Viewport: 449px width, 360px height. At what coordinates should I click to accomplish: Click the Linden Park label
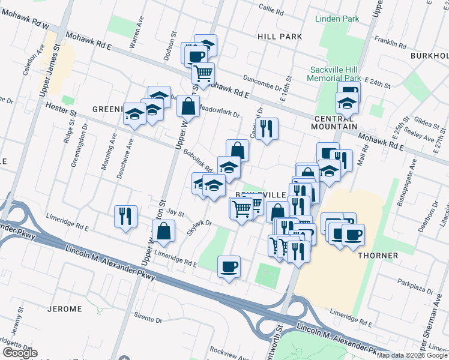[337, 19]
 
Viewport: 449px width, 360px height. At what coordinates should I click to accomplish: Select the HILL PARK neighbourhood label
[279, 37]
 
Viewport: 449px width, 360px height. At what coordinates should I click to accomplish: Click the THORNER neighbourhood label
[378, 256]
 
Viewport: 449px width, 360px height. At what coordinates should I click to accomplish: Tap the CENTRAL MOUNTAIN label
[335, 127]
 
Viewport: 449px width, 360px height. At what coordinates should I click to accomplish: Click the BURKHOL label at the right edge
[429, 56]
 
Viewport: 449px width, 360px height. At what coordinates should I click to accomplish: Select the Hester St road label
[61, 110]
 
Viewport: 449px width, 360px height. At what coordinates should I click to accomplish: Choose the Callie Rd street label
[271, 8]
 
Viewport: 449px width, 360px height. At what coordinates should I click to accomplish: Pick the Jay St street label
[175, 212]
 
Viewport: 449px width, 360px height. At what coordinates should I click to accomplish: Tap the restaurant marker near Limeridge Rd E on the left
[125, 216]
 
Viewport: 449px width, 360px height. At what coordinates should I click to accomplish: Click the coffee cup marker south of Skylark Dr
[229, 266]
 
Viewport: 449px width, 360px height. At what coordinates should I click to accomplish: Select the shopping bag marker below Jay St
[163, 231]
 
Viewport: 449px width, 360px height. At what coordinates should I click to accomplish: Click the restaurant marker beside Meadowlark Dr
[266, 128]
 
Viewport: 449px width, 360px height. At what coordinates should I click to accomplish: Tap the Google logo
[20, 353]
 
